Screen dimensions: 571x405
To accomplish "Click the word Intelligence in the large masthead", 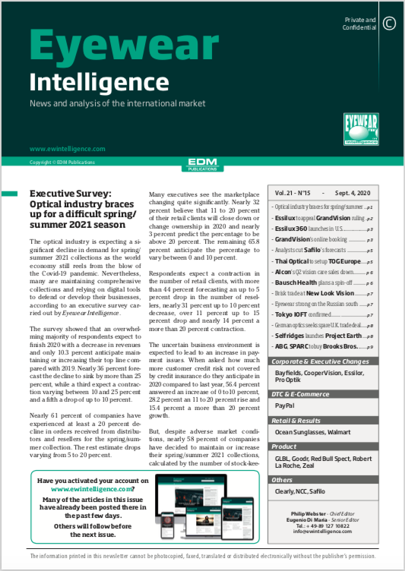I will (88, 80).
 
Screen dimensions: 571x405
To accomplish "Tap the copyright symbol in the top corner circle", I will (389, 24).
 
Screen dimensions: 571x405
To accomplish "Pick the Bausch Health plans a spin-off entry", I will (313, 282).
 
